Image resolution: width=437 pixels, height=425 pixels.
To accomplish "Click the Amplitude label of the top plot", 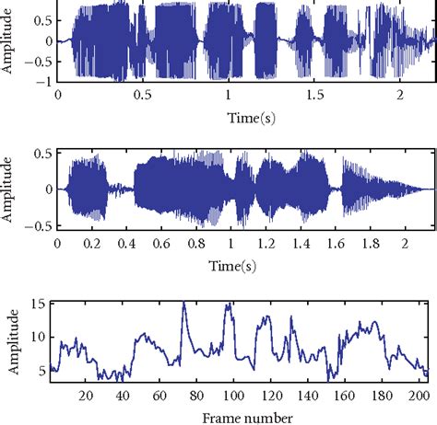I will coord(10,41).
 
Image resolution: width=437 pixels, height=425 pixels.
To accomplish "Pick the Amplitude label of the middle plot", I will coord(10,189).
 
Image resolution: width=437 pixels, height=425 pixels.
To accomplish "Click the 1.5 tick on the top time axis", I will coord(316,95).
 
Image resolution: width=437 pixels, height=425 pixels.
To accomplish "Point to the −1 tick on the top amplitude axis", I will coord(40,81).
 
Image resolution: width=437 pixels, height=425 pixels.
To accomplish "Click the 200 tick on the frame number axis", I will coord(423,396).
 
